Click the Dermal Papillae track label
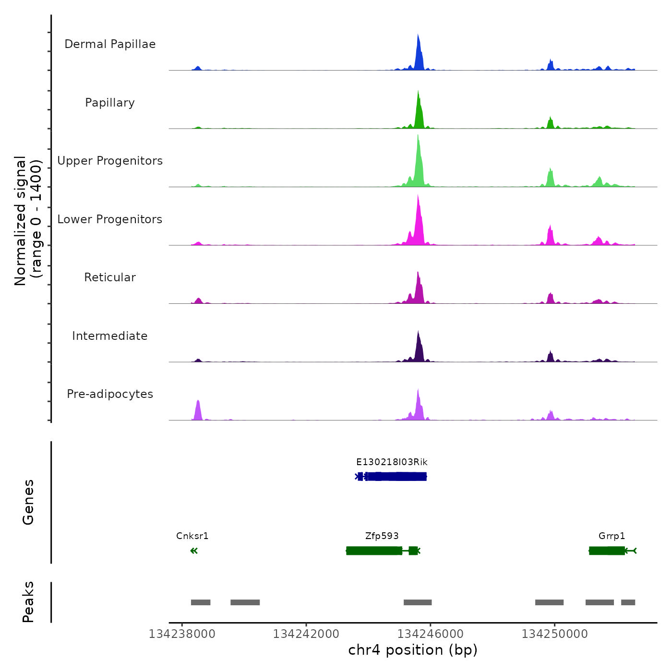[110, 44]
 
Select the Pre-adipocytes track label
[110, 394]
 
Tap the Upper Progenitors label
[110, 161]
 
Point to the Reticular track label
[110, 277]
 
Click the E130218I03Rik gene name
[392, 462]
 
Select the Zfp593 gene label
[382, 536]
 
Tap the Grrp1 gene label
[612, 536]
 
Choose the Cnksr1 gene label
[192, 536]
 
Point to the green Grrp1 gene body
[607, 551]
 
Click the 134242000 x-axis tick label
[306, 634]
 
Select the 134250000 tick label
[554, 634]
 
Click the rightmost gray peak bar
[628, 602]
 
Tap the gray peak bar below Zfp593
[418, 602]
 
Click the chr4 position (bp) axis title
[413, 650]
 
